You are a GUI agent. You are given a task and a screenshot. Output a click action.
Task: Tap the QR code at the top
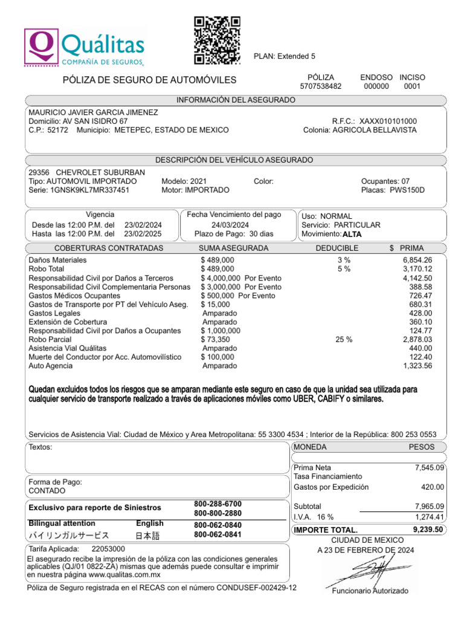coord(217,40)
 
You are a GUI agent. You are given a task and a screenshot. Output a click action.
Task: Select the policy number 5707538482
coord(321,86)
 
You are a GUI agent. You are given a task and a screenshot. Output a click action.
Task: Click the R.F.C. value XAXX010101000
coord(388,121)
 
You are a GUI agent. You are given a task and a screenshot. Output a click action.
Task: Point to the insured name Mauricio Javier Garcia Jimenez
coord(94,112)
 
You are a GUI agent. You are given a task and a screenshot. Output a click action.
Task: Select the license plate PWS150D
coord(408,190)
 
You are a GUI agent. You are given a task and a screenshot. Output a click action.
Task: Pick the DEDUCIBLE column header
coord(337,248)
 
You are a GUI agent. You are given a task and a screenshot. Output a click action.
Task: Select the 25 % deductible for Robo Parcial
coord(344,340)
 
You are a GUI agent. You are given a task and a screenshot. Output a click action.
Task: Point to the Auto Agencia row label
coord(50,366)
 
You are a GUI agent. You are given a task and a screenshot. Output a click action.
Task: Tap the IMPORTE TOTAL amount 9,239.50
coord(428,529)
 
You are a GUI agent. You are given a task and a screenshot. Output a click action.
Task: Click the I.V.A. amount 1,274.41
coord(429,517)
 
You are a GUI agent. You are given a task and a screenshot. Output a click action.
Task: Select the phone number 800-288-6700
coord(217,504)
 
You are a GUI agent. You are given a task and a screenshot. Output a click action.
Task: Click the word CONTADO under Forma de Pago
coord(47,491)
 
